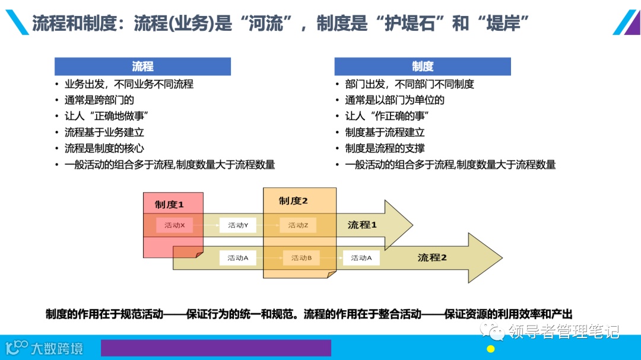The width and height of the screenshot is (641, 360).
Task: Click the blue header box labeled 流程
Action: pyautogui.click(x=142, y=66)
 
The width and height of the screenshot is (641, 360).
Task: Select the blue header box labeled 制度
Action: pyautogui.click(x=423, y=66)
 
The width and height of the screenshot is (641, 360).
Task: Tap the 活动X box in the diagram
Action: pyautogui.click(x=174, y=225)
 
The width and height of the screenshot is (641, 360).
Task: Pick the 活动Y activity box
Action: pyautogui.click(x=238, y=225)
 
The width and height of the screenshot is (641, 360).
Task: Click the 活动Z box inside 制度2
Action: pyautogui.click(x=298, y=225)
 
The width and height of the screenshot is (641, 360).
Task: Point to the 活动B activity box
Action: pyautogui.click(x=302, y=258)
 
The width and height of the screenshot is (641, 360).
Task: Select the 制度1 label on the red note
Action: pyautogui.click(x=170, y=205)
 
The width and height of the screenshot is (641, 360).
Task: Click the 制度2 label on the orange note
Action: pyautogui.click(x=294, y=201)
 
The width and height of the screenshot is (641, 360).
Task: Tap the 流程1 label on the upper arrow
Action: pyautogui.click(x=362, y=225)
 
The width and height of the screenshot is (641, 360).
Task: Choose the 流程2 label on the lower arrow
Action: pyautogui.click(x=432, y=257)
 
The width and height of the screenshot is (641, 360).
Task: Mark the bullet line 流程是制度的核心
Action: pyautogui.click(x=104, y=148)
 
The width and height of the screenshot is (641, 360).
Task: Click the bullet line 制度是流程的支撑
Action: pyautogui.click(x=385, y=148)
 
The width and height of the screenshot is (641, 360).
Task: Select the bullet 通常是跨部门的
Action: pyautogui.click(x=99, y=100)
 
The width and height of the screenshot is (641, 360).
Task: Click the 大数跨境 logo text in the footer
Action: pyautogui.click(x=57, y=348)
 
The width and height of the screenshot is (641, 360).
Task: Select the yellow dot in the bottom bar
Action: pyautogui.click(x=491, y=349)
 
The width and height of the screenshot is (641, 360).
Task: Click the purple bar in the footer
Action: pyautogui.click(x=215, y=348)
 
